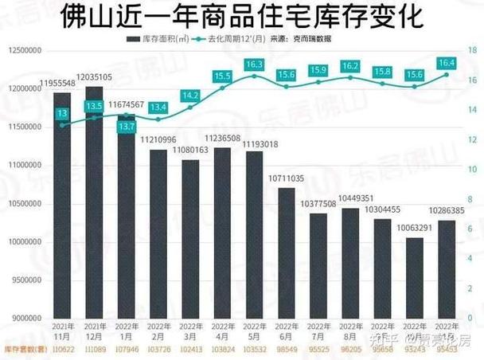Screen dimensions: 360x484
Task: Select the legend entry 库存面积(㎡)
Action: (158, 39)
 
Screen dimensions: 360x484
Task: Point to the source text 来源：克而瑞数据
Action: (302, 39)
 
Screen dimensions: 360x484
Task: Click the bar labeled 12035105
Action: (94, 199)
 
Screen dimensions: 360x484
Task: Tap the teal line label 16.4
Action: (447, 61)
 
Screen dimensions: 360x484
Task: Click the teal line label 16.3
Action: (255, 64)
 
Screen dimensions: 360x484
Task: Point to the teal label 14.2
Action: (190, 95)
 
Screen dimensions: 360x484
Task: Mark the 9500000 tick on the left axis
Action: (26, 281)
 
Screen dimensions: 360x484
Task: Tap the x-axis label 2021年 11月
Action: (62, 331)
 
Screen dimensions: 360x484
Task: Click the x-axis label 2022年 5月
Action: (255, 331)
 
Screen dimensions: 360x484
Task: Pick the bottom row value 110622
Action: (62, 350)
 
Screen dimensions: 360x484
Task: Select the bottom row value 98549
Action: (287, 350)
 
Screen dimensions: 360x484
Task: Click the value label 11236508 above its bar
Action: (223, 139)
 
